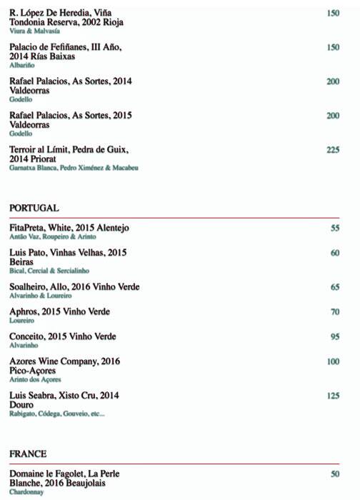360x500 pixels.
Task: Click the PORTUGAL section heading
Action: [x=34, y=207]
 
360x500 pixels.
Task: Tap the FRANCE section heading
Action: [x=28, y=454]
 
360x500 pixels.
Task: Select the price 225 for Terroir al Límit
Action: [x=332, y=150]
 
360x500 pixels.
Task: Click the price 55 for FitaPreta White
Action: [x=335, y=228]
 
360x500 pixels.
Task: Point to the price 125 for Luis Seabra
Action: [x=332, y=396]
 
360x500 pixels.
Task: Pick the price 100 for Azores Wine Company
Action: [x=332, y=361]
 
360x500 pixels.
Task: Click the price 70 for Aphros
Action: [x=335, y=312]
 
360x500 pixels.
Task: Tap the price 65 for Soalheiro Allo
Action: [x=335, y=287]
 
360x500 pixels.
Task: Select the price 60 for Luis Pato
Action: [x=335, y=253]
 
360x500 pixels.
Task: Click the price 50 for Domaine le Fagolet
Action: [x=335, y=474]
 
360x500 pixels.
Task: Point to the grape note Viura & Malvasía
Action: [x=34, y=31]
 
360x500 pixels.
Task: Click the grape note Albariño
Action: [x=21, y=65]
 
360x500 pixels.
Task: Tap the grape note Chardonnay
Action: [x=26, y=491]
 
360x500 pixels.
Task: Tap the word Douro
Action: [x=21, y=404]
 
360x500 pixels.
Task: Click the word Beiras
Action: [x=22, y=261]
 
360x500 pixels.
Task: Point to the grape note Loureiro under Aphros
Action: [x=21, y=321]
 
